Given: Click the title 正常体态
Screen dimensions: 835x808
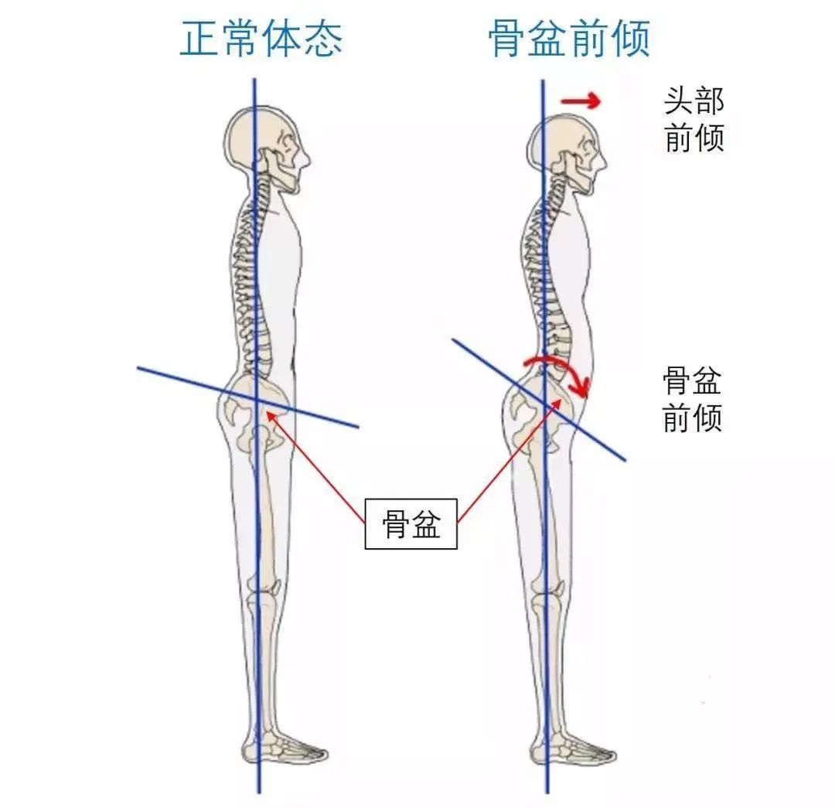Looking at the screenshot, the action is coord(261,39).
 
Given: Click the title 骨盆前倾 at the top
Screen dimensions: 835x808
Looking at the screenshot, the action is coord(569,39).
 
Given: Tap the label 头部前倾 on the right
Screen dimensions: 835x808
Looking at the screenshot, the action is coord(694,119).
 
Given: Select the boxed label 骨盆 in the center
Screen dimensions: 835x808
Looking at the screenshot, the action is coord(411,524).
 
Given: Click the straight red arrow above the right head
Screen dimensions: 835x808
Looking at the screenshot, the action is coord(581,101).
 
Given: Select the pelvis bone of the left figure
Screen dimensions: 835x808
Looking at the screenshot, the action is coord(254,413).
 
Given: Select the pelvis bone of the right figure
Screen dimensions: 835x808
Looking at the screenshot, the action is coord(538,413).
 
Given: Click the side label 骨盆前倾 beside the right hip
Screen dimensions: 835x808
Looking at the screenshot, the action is coord(692,400).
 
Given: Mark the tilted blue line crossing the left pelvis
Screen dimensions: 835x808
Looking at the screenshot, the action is coord(247,397).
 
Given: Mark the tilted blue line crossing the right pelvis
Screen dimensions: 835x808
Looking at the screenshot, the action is coord(538,400).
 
